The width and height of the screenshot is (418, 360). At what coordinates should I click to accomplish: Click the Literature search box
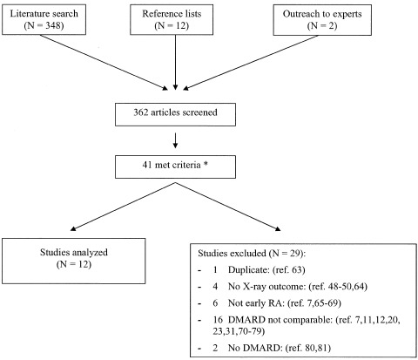click(44, 19)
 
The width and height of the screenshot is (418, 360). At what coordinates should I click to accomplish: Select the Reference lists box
click(172, 19)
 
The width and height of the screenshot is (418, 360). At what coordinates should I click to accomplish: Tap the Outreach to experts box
click(322, 20)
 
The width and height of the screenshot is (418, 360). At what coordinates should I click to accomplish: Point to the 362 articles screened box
click(175, 114)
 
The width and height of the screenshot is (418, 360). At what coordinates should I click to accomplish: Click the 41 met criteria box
click(175, 166)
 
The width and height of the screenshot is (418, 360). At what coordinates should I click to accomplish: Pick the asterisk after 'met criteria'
click(206, 164)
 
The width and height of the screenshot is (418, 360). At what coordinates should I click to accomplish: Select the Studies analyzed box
click(74, 261)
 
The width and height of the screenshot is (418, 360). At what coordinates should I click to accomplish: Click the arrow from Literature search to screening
click(104, 63)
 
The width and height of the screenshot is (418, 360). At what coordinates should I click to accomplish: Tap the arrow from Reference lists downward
click(175, 63)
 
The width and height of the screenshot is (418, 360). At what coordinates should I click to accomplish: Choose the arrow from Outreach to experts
click(251, 63)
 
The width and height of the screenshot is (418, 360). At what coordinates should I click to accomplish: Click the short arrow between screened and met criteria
click(175, 140)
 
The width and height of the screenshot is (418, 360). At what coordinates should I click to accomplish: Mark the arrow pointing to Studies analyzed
click(123, 207)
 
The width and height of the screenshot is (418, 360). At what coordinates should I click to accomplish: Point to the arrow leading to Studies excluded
click(228, 207)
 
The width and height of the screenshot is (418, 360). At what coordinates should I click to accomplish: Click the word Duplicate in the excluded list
click(249, 270)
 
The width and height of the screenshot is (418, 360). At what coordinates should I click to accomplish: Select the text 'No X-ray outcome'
click(266, 287)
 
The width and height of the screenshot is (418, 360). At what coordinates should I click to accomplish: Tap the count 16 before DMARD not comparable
click(218, 320)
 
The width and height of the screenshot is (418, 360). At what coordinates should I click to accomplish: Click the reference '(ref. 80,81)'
click(308, 348)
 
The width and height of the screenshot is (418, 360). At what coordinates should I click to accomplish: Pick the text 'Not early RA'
click(257, 303)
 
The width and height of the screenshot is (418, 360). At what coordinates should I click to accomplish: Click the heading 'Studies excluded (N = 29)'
click(252, 254)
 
